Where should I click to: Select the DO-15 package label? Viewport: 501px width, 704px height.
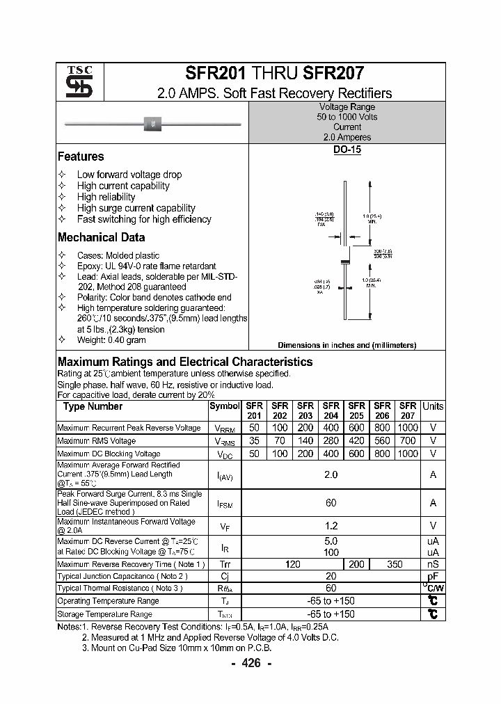[347, 150]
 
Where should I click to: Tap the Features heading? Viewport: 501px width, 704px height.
[81, 157]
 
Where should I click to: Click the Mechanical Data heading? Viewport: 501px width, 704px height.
[101, 237]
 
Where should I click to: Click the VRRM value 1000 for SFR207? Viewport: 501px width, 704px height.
[408, 428]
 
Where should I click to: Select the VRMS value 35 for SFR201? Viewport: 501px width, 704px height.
[255, 441]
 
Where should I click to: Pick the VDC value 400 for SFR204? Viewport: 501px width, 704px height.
[331, 454]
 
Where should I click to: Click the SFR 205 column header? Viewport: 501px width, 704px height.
[356, 410]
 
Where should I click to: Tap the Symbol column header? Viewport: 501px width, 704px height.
[224, 406]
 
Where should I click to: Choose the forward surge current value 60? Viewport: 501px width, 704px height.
[331, 503]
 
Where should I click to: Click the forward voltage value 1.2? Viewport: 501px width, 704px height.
[331, 526]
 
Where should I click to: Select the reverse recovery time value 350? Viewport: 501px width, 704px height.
[395, 565]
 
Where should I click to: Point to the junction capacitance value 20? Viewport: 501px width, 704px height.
[331, 577]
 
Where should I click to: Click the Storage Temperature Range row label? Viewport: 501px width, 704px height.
[104, 614]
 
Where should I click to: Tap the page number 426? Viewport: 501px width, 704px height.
[250, 663]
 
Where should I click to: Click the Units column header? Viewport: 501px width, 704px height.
[433, 406]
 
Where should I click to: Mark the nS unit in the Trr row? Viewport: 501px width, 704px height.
[433, 565]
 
